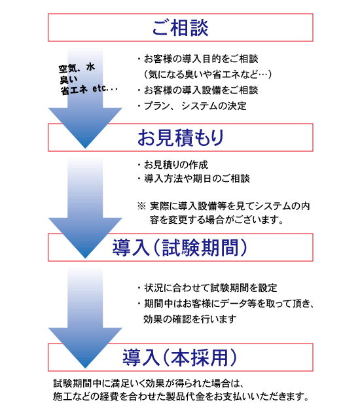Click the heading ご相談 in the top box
coord(180,27)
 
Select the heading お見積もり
coord(181,137)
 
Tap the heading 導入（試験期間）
coord(180,247)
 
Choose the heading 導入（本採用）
coord(180,357)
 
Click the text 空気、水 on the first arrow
coord(77,68)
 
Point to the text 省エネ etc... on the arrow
coord(89,90)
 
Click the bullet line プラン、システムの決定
coord(192,106)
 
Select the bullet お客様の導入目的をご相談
coord(198,59)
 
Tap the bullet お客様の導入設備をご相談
coord(198,90)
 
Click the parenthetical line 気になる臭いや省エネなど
coord(207,75)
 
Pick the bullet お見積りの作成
coord(173,165)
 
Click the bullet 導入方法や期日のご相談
coord(194,179)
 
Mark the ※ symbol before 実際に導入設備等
coord(141,206)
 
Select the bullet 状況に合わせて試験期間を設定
coord(207,288)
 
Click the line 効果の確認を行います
coord(190,319)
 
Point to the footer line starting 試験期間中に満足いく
coord(149,383)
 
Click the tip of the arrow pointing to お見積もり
coord(85,148)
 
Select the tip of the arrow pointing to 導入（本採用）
coord(85,368)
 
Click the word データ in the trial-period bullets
coord(234,304)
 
